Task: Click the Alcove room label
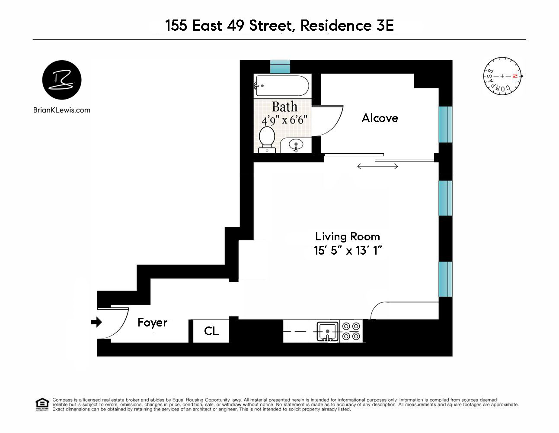click(380, 118)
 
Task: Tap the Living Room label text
click(348, 236)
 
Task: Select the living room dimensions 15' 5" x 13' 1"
click(348, 251)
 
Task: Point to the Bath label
click(284, 107)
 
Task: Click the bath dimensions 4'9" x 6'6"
click(284, 120)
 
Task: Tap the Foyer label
click(152, 323)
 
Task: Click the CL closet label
click(211, 331)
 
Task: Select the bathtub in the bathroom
click(282, 85)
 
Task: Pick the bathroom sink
click(296, 145)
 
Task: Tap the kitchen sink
click(328, 332)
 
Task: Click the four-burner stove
click(351, 331)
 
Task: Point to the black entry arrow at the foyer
click(97, 322)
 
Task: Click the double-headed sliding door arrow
click(377, 166)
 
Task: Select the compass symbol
click(502, 76)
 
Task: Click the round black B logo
click(62, 80)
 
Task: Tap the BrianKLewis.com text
click(62, 110)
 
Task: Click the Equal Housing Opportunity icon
click(42, 404)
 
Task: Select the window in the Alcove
click(445, 124)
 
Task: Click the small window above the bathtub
click(280, 67)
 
